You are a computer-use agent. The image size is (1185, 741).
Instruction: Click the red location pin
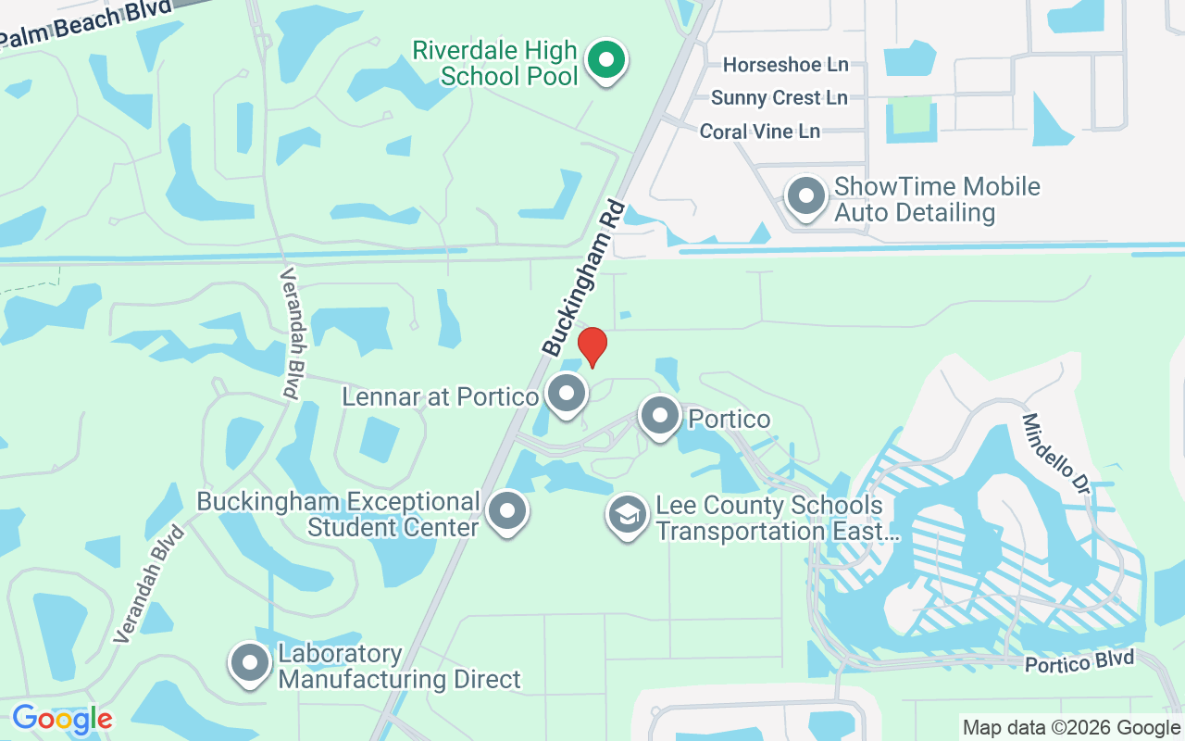[x=592, y=346]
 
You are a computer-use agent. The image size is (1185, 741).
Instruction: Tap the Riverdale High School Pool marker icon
[x=606, y=61]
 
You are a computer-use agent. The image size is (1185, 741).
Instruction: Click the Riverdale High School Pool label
[x=495, y=63]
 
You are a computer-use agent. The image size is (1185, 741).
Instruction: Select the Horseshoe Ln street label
[x=785, y=65]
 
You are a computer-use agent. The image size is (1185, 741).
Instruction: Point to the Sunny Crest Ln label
[x=779, y=98]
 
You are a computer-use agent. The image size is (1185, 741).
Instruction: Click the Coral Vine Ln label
[x=759, y=132]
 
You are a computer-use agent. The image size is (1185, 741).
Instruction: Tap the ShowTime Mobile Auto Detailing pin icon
[x=805, y=197]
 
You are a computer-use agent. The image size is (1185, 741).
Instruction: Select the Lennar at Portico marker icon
[x=566, y=394]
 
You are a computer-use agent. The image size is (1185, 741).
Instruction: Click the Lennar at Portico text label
[x=440, y=397]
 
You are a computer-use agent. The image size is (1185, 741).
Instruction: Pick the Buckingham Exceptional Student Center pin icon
[x=506, y=510]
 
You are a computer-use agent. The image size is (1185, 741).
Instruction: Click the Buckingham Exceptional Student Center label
[x=339, y=515]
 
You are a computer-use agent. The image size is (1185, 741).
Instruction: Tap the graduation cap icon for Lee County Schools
[x=627, y=516]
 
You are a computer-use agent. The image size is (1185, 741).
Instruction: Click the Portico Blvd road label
[x=1079, y=662]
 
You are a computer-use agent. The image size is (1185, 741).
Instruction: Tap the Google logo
[x=62, y=719]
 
